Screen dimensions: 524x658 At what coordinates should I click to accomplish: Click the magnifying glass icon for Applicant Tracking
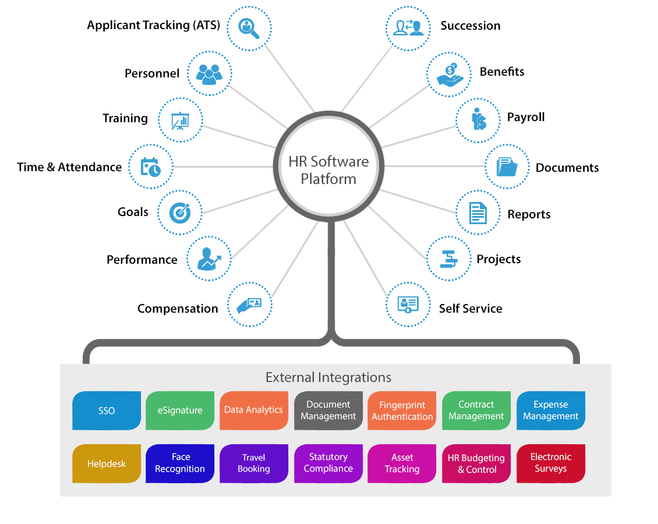tap(249, 27)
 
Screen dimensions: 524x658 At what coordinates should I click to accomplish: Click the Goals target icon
tap(180, 213)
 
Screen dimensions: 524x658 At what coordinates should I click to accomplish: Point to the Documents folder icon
tap(507, 167)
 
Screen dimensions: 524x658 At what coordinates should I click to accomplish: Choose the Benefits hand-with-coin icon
tap(449, 73)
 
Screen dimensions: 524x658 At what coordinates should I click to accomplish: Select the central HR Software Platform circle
tap(328, 169)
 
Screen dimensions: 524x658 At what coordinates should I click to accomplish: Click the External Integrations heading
tap(328, 377)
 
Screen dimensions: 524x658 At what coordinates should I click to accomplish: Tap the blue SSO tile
tap(107, 410)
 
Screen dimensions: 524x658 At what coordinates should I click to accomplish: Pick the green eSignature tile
tap(180, 410)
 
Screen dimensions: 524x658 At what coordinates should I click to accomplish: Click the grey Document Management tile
tap(328, 410)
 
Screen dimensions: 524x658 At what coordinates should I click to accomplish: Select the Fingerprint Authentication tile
tap(402, 410)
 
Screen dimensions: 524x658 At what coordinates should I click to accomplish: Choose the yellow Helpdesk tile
tap(107, 463)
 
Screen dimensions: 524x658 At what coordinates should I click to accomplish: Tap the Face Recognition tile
tap(180, 463)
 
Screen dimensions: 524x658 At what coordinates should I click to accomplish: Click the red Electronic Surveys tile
tap(550, 463)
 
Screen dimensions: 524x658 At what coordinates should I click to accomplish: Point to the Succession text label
tap(470, 26)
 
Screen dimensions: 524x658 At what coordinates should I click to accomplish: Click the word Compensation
tap(178, 309)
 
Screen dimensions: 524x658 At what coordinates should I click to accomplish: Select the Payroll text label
tap(525, 117)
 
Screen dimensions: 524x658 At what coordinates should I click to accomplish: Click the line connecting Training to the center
tap(239, 136)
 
